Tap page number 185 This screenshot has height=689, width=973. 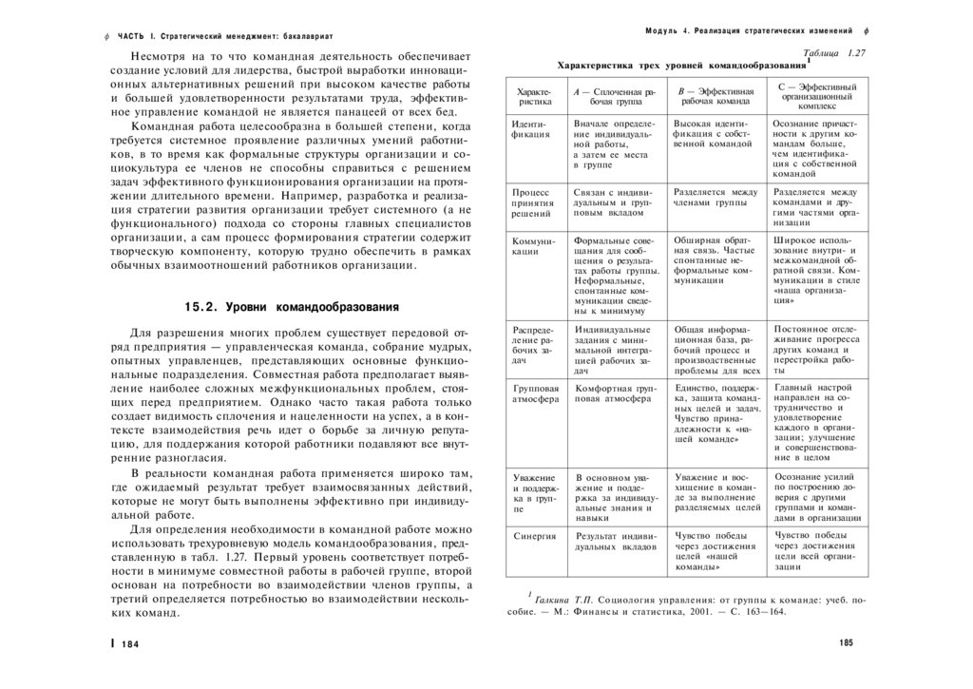coord(846,643)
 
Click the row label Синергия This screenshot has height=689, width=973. coord(533,536)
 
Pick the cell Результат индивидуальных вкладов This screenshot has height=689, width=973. coord(615,543)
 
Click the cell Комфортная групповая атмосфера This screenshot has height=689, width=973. coord(615,394)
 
